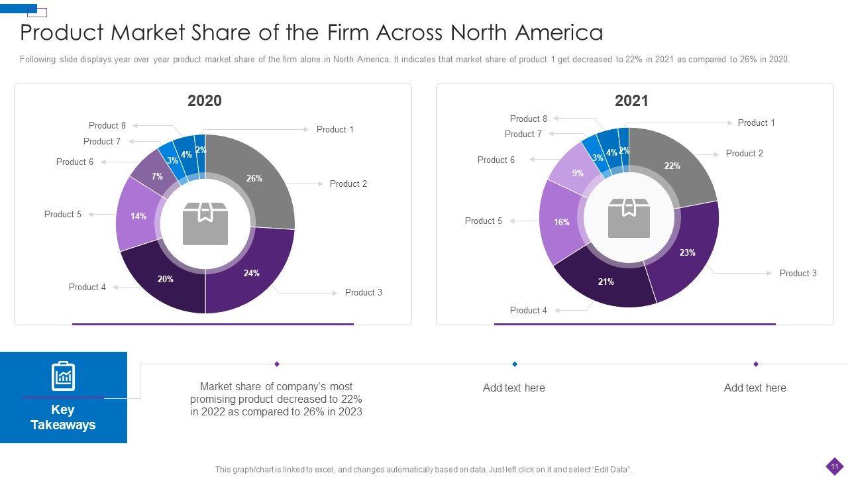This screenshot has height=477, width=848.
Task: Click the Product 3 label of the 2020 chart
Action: [x=363, y=292]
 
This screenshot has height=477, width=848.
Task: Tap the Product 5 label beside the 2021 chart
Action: [x=484, y=221]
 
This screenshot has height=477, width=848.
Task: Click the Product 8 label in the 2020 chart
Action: [x=107, y=125]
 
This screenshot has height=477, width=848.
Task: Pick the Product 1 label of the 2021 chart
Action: [x=756, y=123]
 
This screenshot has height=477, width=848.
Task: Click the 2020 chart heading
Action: [x=205, y=101]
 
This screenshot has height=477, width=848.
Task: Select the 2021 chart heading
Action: [x=631, y=101]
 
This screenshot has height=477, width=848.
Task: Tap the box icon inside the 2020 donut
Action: [x=205, y=223]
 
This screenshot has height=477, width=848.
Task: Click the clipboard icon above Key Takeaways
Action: [x=64, y=376]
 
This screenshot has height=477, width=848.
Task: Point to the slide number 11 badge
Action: [x=834, y=465]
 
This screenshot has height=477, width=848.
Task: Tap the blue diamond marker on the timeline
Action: [x=515, y=364]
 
